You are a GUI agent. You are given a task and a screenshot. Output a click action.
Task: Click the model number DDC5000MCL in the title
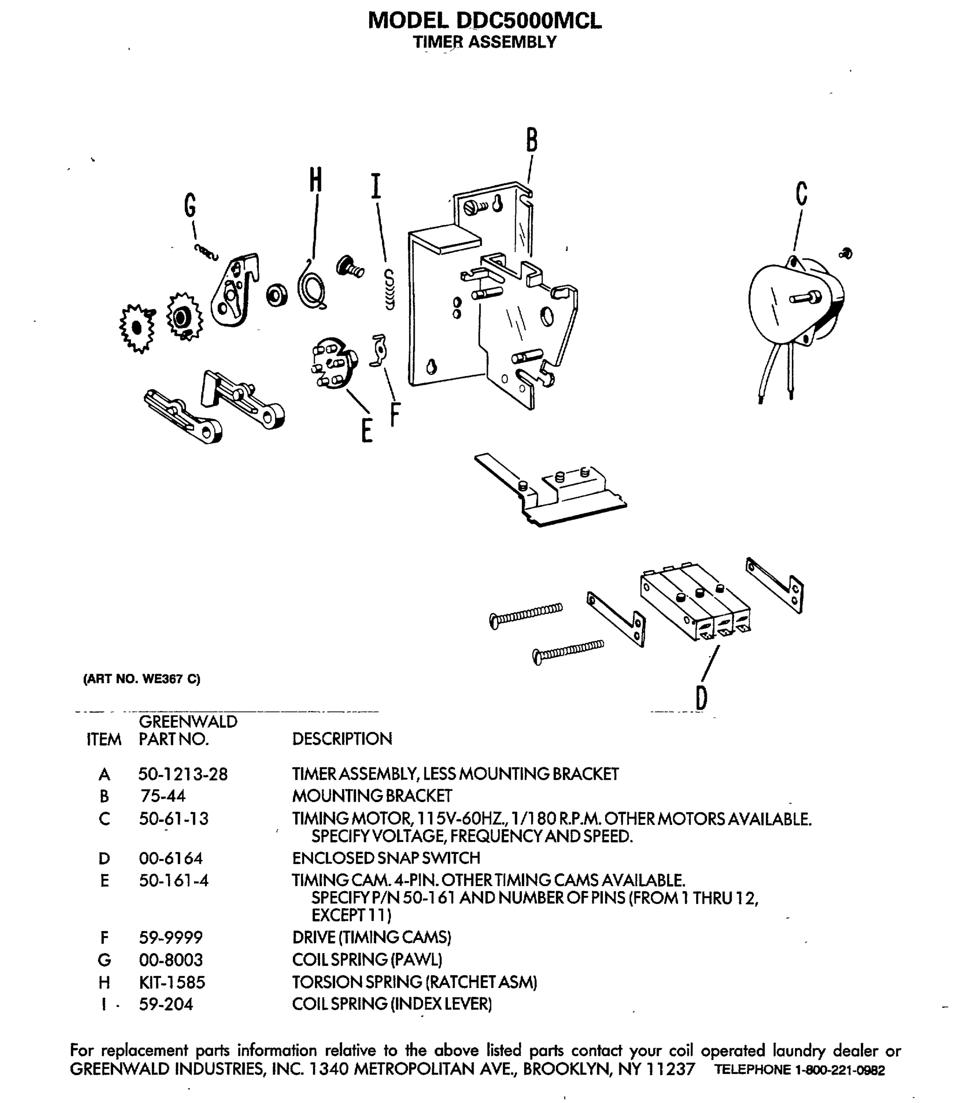pos(528,21)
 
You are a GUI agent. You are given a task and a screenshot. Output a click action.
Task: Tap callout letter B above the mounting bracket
pos(532,140)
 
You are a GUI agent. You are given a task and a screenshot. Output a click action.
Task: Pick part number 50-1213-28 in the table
pos(183,774)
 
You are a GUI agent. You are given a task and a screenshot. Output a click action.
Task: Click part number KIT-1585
pos(172,982)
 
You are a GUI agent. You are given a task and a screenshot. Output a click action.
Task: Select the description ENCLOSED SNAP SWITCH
pos(386,858)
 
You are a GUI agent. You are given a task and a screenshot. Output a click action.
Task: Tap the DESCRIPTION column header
pos(342,739)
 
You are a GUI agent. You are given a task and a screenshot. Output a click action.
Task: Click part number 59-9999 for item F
pos(171,938)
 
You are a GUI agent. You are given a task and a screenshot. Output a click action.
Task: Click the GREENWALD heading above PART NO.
pos(188,722)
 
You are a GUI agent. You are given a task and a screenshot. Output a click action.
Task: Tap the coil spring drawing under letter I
pos(389,290)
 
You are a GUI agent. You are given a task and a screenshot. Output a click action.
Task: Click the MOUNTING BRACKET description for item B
pos(372,796)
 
